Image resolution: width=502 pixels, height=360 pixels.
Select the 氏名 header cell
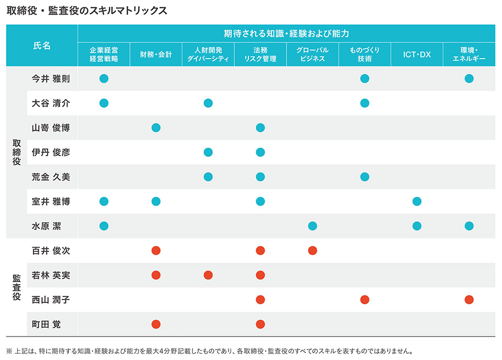coord(42,45)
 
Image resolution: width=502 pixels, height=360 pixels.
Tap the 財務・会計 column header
coord(156,54)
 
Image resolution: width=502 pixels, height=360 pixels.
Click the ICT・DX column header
coord(417,54)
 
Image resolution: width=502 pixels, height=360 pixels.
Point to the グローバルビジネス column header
coord(312,54)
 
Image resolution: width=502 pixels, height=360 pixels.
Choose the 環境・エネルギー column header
coord(469,54)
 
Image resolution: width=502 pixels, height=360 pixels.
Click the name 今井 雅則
coord(51,79)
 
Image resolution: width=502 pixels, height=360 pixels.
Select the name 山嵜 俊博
coord(51,128)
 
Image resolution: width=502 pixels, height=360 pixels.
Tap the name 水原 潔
coord(47,226)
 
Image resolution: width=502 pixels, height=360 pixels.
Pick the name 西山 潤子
coord(51,300)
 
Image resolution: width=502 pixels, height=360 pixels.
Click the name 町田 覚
coord(47,324)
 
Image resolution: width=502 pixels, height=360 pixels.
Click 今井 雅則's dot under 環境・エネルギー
coord(469,79)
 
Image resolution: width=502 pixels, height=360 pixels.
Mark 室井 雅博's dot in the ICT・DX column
coord(417,202)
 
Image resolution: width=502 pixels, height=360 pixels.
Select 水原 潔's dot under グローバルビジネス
coord(313,226)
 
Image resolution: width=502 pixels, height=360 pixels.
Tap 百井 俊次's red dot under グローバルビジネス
coord(313,251)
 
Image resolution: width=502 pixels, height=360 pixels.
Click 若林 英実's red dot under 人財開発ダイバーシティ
coord(208,275)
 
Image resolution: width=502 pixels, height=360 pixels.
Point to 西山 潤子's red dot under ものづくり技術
coord(365,300)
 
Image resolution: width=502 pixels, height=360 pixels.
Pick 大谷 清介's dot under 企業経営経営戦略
coord(104,103)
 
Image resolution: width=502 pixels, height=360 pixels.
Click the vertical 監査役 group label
coord(16,287)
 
